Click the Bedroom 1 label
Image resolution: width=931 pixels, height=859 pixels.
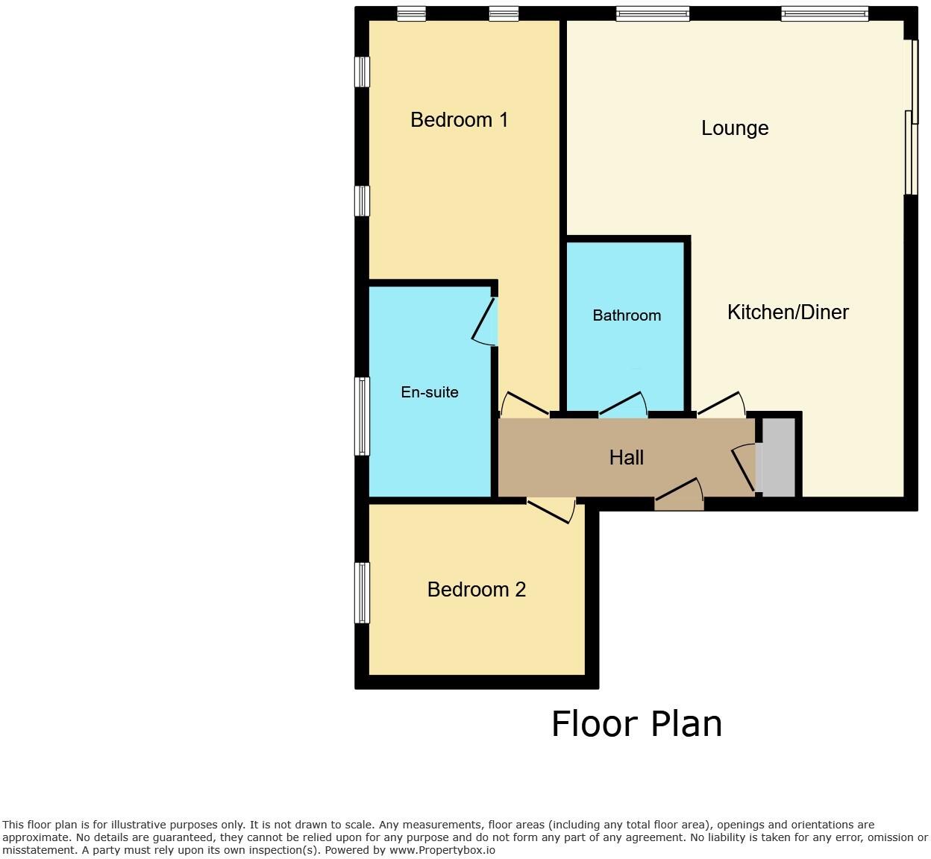point(459,119)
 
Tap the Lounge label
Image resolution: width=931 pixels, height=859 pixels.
point(735,128)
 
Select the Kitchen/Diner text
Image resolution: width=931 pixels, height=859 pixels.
point(788,312)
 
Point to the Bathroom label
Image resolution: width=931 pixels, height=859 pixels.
point(627,315)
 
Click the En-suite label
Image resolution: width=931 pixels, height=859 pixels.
point(430,392)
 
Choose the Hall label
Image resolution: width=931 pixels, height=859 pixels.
point(627,457)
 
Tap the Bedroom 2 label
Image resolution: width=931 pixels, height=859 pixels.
point(476,590)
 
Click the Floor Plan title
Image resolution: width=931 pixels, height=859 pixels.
point(636,724)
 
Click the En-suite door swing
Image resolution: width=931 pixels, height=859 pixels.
point(486,323)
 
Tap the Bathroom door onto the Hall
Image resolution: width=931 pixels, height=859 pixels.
point(624,405)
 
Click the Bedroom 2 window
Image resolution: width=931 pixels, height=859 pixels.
point(362,593)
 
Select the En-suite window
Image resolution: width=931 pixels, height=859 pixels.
point(362,416)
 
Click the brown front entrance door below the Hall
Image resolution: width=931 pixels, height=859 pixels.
point(679,497)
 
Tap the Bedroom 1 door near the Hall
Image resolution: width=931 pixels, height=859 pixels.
point(524,404)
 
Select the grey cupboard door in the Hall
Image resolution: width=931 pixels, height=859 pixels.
point(745,468)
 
